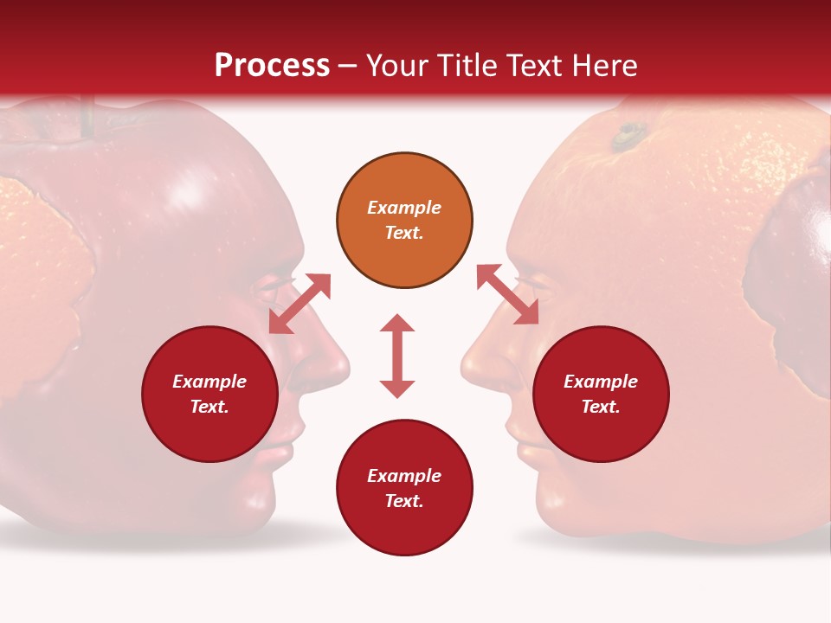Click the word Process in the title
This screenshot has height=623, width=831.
272,66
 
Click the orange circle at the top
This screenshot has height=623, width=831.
404,221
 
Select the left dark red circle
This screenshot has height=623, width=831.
209,395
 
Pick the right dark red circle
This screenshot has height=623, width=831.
601,395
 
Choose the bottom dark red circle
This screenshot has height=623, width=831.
404,488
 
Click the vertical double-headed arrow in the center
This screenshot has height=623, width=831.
397,356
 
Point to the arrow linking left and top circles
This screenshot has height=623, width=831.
300,304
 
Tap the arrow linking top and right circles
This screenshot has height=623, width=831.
507,295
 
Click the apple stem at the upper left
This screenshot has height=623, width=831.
87,117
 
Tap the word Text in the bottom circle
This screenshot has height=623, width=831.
403,501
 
